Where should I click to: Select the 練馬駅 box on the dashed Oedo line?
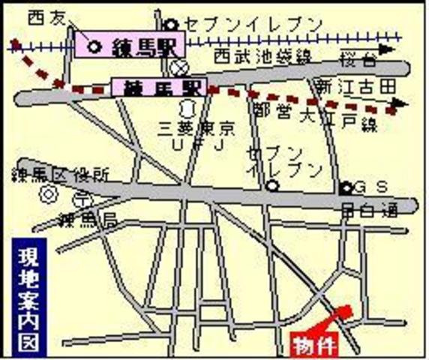(x=157, y=87)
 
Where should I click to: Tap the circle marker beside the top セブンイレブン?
(x=172, y=25)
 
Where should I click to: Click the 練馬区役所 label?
(x=59, y=175)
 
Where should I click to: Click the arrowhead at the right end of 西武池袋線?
(x=387, y=47)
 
